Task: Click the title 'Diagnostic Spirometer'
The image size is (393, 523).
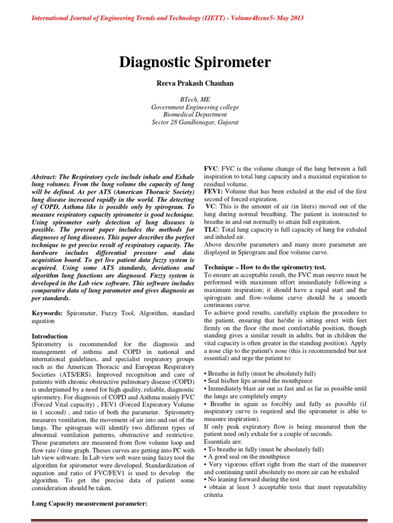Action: pyautogui.click(x=195, y=62)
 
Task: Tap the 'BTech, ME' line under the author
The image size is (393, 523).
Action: pyautogui.click(x=195, y=100)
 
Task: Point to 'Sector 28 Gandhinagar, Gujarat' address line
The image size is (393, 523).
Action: pyautogui.click(x=195, y=122)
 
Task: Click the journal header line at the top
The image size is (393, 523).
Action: pyautogui.click(x=168, y=18)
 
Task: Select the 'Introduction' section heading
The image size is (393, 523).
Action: pyautogui.click(x=50, y=337)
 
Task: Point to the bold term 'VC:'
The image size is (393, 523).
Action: pyautogui.click(x=211, y=206)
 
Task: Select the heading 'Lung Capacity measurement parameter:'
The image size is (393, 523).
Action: pyautogui.click(x=90, y=504)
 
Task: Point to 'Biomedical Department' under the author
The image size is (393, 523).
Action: pyautogui.click(x=195, y=114)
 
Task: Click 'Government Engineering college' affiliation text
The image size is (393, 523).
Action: pyautogui.click(x=195, y=107)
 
